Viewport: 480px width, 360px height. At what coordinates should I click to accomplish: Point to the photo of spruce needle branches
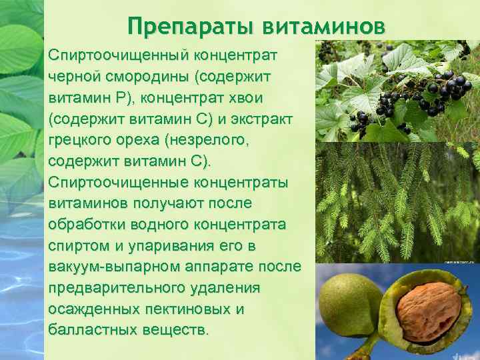click(397, 203)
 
